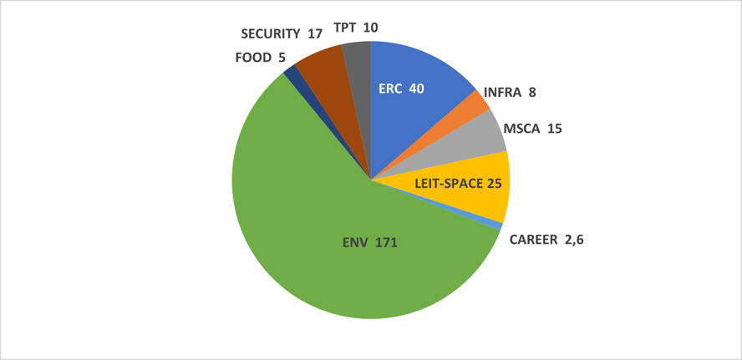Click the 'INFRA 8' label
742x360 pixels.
point(510,94)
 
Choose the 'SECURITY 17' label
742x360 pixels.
point(282,34)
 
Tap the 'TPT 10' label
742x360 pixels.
point(355,28)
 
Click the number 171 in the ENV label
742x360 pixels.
point(385,243)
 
